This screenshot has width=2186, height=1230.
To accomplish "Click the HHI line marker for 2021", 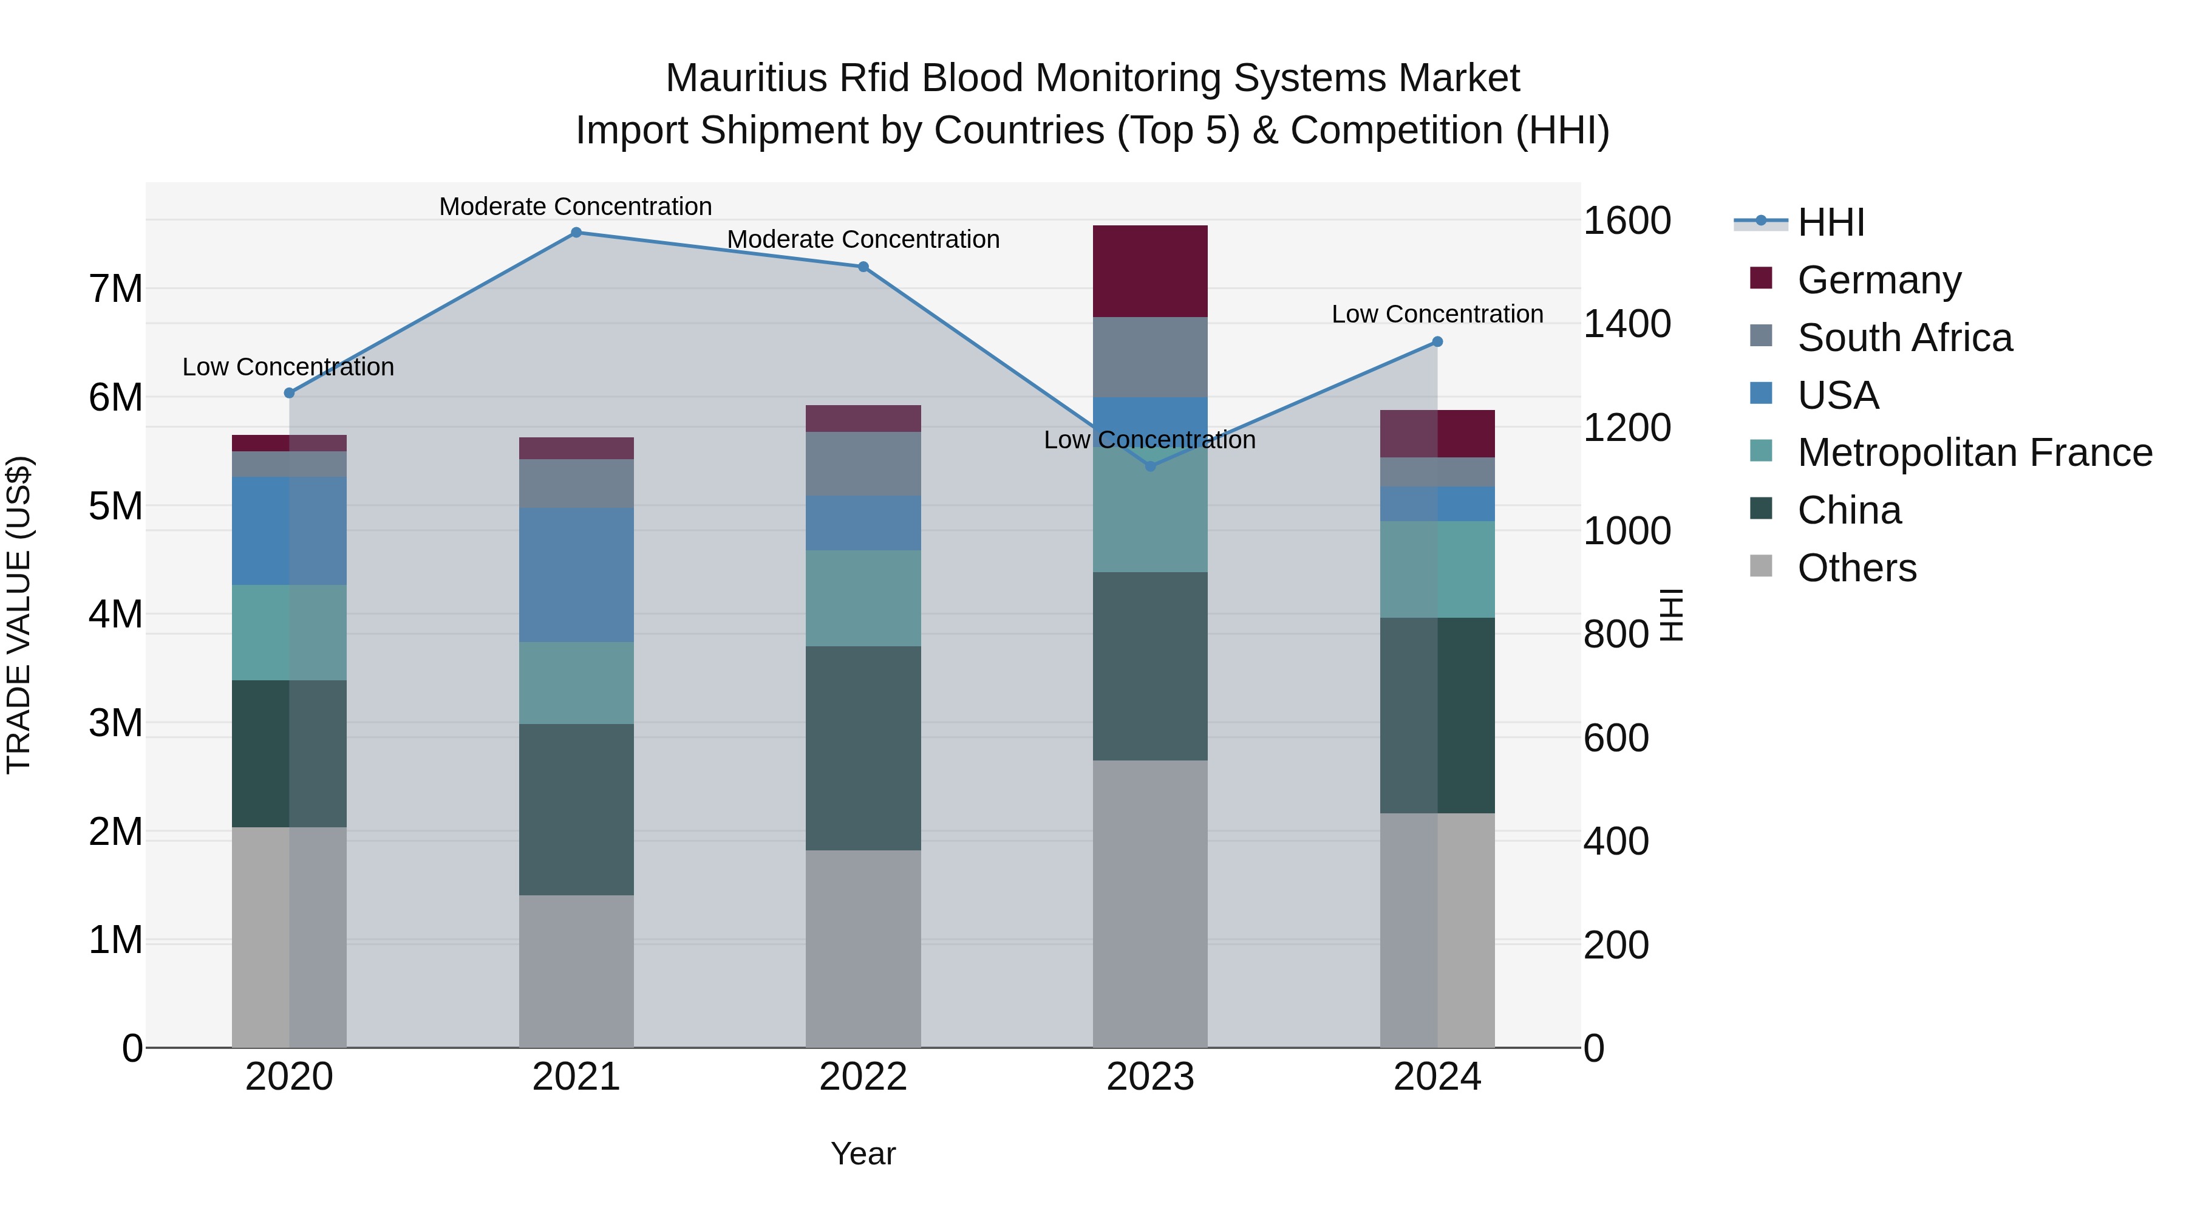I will pyautogui.click(x=576, y=233).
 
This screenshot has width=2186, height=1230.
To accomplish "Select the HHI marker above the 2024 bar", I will pyautogui.click(x=1437, y=342).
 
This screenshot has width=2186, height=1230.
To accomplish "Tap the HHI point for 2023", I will pyautogui.click(x=1151, y=466).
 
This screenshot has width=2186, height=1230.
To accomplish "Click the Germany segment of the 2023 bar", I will pyautogui.click(x=1150, y=272).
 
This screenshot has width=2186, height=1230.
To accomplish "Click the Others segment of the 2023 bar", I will pyautogui.click(x=1150, y=903).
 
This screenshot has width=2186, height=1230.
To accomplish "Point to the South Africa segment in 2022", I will pyautogui.click(x=863, y=463).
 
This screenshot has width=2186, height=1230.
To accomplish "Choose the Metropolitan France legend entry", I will pyautogui.click(x=1974, y=453).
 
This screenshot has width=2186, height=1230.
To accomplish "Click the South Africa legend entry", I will pyautogui.click(x=1904, y=338).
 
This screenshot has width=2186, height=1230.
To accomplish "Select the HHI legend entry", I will pyautogui.click(x=1830, y=222).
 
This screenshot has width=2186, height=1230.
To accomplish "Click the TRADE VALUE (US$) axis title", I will pyautogui.click(x=19, y=615).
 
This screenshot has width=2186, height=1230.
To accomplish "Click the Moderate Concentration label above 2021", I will pyautogui.click(x=576, y=207).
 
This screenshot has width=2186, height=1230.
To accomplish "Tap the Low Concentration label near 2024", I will pyautogui.click(x=1437, y=314).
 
